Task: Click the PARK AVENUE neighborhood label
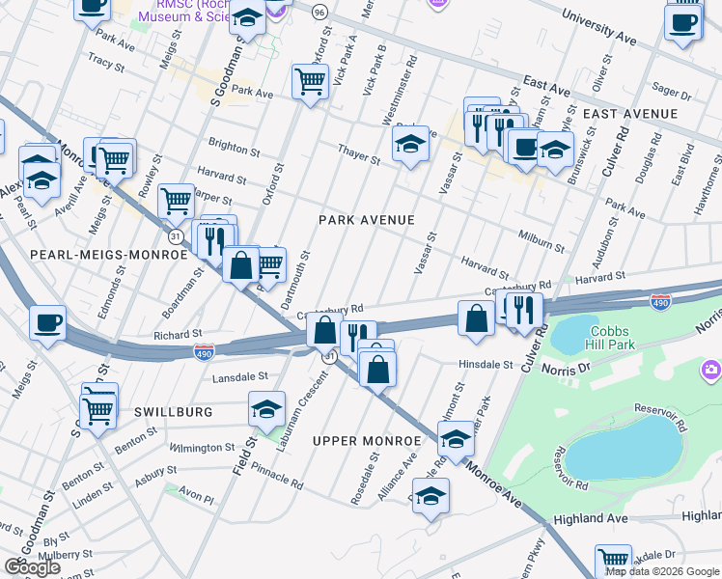367,220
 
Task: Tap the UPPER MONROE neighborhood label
367,441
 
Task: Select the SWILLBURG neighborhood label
173,412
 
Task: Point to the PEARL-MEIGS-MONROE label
108,255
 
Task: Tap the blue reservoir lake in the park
618,448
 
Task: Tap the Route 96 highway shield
319,12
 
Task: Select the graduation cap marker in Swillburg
267,408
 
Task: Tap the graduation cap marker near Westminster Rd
410,145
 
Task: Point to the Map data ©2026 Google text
662,571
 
